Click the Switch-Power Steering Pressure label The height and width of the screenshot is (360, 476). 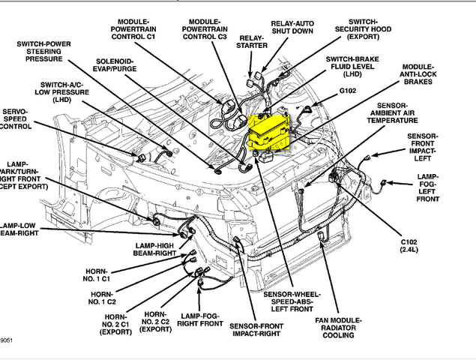43,51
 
